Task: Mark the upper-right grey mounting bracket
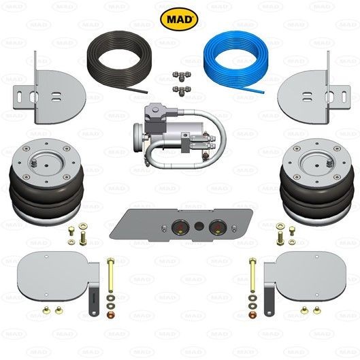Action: (x=312, y=88)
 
